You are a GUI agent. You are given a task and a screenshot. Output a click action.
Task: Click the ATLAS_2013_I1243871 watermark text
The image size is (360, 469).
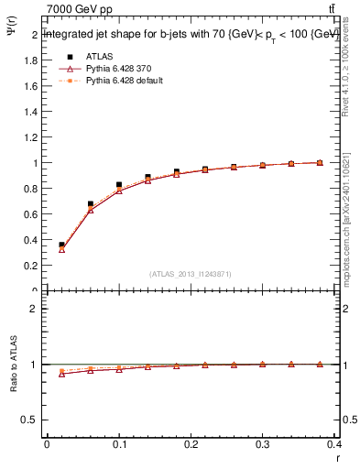[x=191, y=274]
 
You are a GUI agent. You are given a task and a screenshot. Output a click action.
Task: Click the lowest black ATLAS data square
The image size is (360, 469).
[x=61, y=245]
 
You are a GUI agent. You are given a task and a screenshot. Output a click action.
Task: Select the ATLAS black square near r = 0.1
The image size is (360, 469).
[x=119, y=185]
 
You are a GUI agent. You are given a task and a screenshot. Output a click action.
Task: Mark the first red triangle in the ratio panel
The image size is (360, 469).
[x=61, y=374]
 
